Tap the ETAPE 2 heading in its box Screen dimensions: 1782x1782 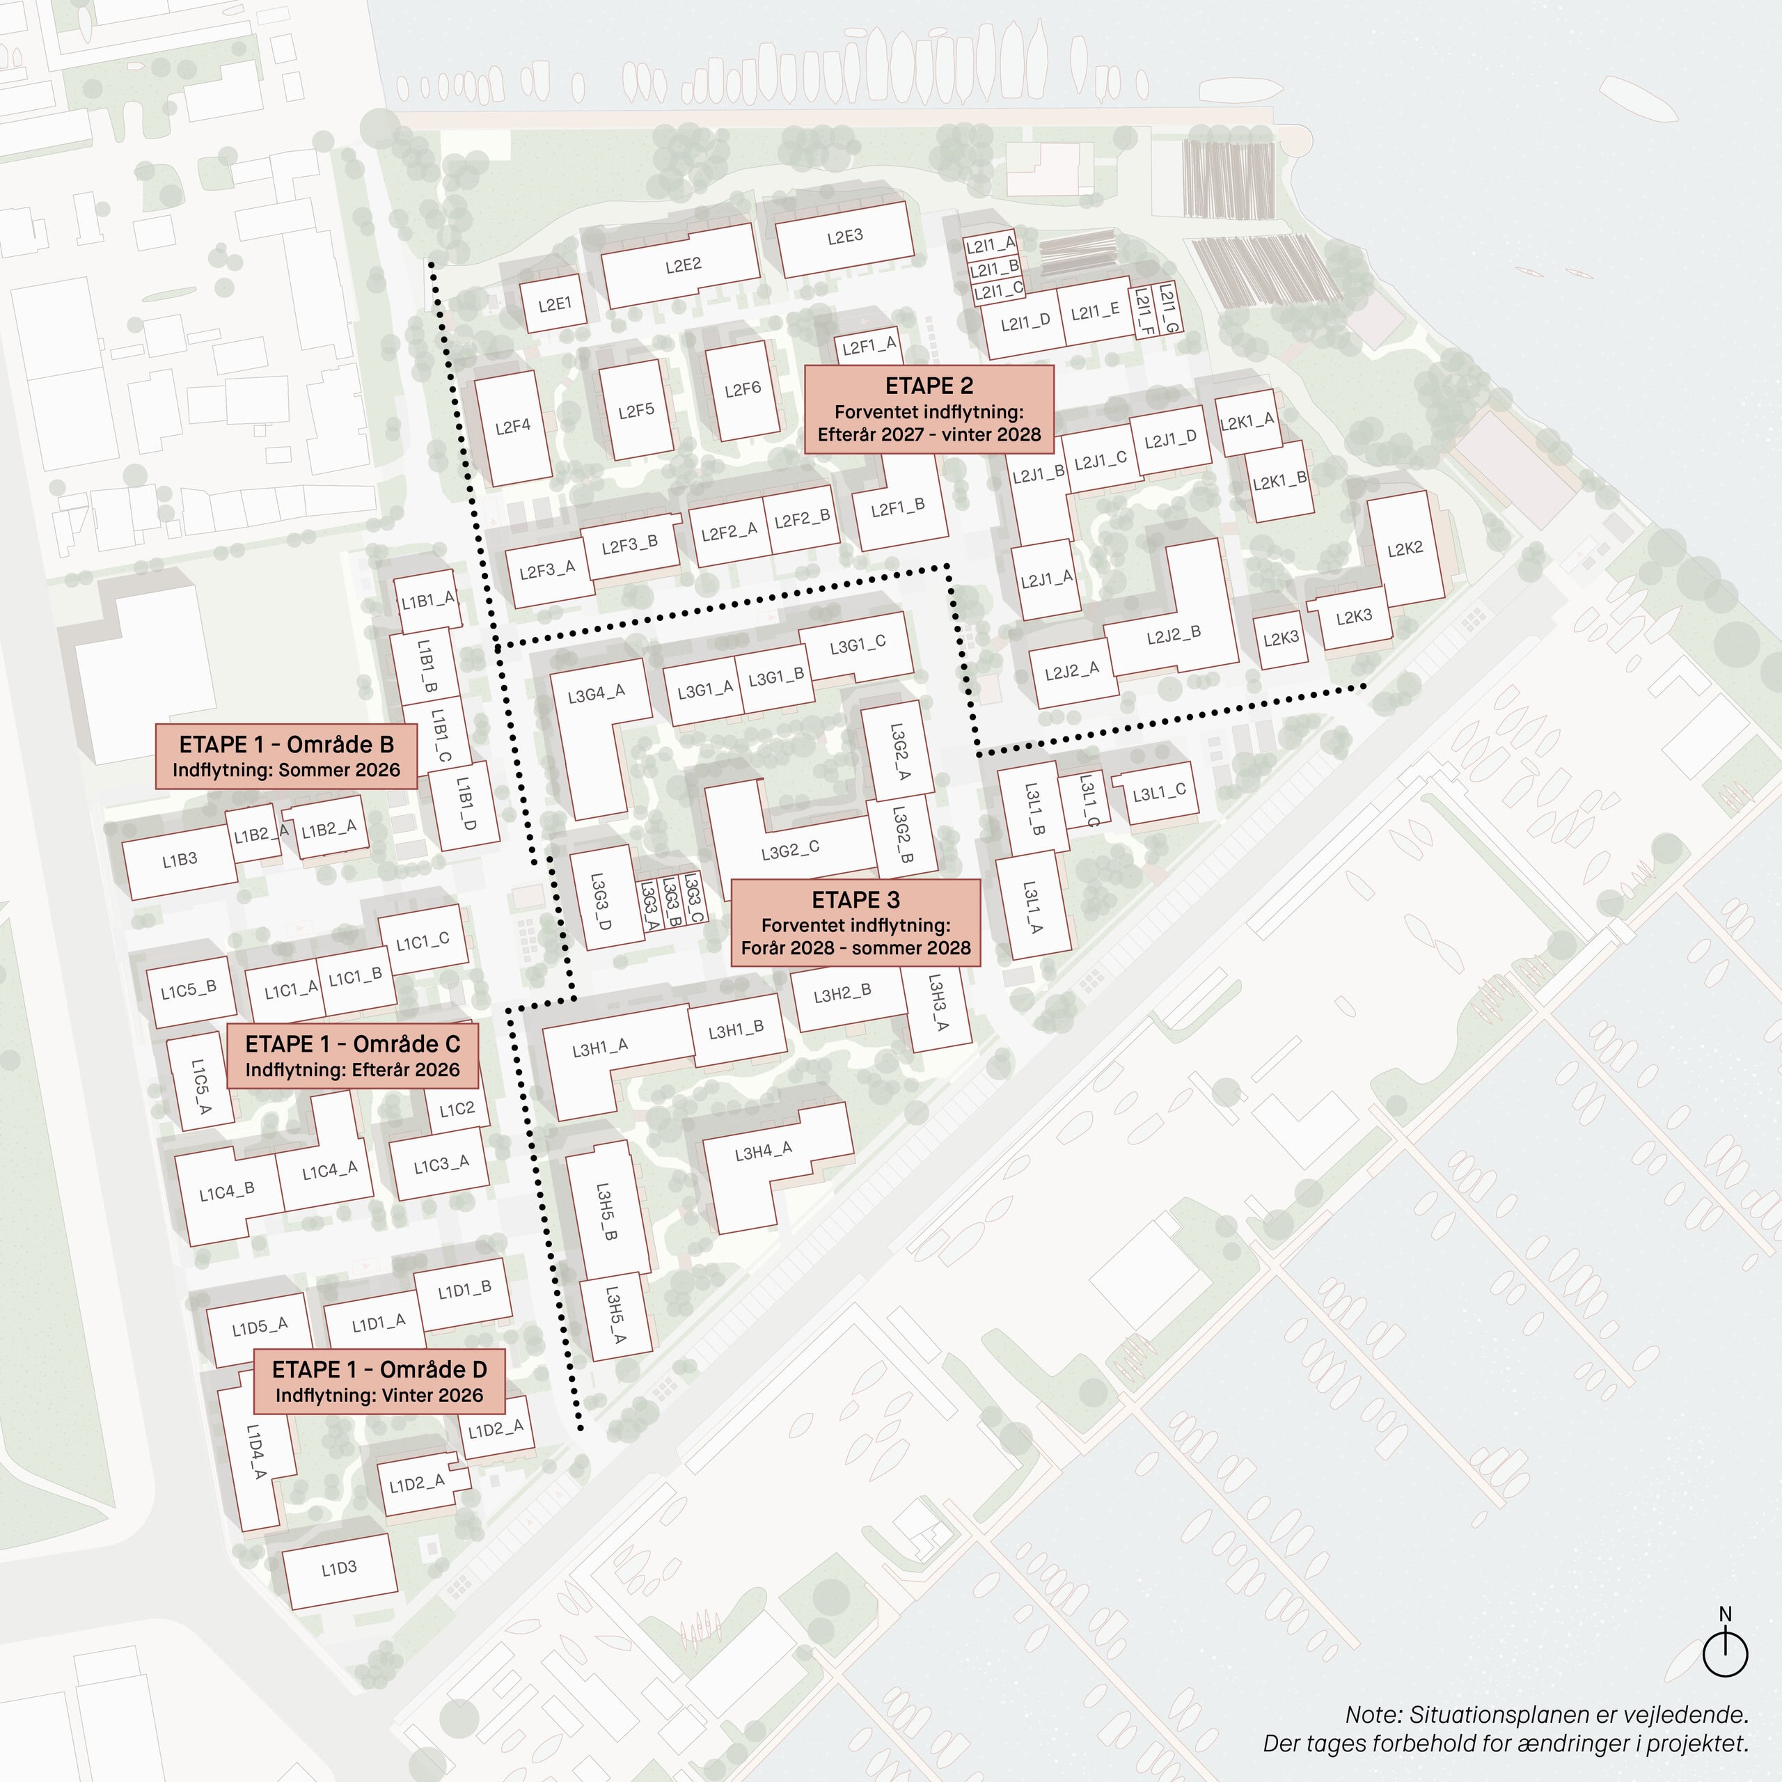[x=929, y=386]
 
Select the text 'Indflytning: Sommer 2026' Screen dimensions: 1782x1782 [x=286, y=770]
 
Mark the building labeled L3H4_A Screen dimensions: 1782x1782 [x=763, y=1153]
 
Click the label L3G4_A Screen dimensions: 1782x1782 [x=596, y=693]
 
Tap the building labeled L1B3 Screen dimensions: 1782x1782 [x=180, y=860]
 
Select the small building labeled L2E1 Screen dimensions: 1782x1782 [x=554, y=303]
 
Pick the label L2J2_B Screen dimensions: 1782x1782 [x=1173, y=635]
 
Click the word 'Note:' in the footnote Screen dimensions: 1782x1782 [x=1373, y=1714]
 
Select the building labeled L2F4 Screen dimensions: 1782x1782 [x=513, y=427]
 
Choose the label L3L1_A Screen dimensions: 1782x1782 [x=1033, y=908]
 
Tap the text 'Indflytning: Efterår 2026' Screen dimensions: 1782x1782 [x=352, y=1070]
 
